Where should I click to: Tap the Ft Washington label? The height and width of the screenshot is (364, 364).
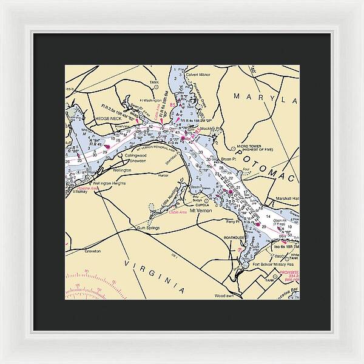(148, 101)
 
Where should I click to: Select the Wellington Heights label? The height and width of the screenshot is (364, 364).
(109, 182)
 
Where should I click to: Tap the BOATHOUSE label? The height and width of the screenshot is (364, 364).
(234, 238)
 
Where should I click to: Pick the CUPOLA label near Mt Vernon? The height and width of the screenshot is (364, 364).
(201, 204)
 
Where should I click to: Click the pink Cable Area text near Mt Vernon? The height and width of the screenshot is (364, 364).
(178, 213)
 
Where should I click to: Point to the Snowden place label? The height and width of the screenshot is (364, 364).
(137, 161)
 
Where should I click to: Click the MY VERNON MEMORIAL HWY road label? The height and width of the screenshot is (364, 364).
(152, 148)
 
